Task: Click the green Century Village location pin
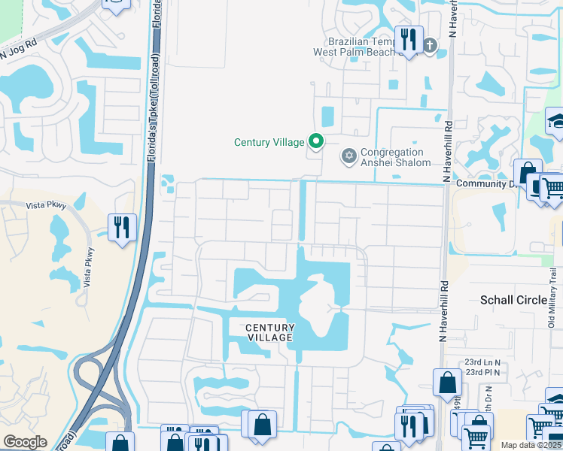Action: (317, 141)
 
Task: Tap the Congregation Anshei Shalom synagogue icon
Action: (348, 156)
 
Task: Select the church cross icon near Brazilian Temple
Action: (430, 46)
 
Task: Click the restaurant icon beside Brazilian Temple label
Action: (409, 39)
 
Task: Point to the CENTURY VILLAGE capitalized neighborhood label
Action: (269, 332)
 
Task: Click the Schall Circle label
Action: (514, 300)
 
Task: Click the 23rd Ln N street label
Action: (482, 361)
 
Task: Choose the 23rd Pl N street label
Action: (482, 372)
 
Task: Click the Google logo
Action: (25, 442)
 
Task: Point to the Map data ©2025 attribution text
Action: (531, 445)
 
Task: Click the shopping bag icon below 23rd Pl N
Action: (448, 383)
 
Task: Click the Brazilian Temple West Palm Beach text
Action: (358, 47)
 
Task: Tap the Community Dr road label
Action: (482, 183)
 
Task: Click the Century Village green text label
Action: (269, 141)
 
